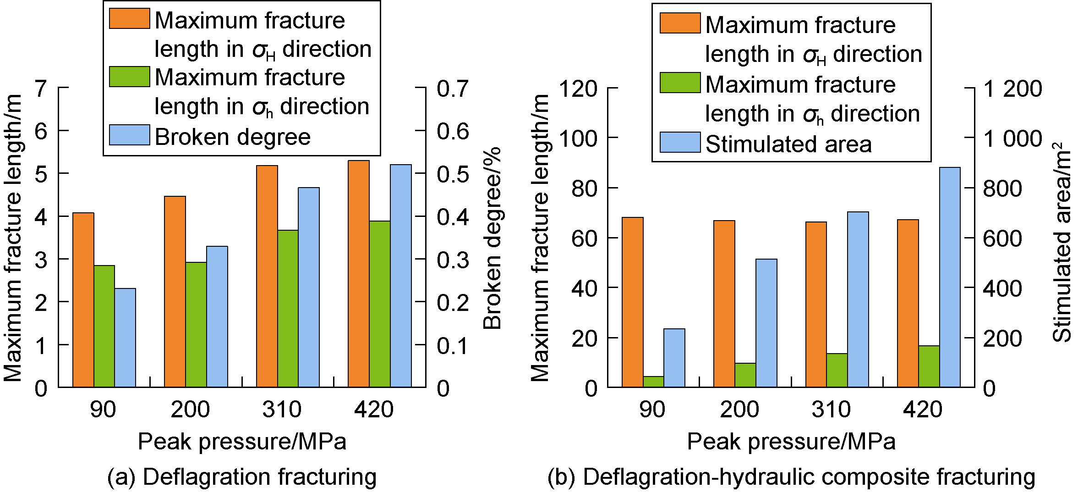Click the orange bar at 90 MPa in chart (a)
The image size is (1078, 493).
point(83,300)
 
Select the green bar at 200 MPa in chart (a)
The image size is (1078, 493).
point(196,325)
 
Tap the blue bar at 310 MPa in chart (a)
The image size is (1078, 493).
point(309,287)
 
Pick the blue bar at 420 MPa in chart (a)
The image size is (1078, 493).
point(401,276)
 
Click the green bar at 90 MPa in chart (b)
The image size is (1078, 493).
point(653,382)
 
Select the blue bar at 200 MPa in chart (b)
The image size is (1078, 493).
point(766,323)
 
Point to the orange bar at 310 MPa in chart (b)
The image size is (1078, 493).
point(816,305)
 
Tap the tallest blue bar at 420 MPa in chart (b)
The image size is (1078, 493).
point(950,277)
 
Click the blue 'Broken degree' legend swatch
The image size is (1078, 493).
point(130,135)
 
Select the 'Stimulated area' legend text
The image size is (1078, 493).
point(788,144)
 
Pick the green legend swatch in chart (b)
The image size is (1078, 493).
point(680,83)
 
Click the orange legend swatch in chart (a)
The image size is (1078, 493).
point(130,19)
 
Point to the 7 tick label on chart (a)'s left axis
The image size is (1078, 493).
point(41,89)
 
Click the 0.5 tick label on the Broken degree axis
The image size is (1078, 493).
point(453,174)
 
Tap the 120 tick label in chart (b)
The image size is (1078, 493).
point(578,89)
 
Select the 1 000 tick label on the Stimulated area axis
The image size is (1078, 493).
point(1012,138)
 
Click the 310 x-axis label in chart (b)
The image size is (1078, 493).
point(831,409)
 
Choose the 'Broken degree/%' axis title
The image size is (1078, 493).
point(492,238)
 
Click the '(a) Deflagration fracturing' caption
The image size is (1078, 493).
point(242,477)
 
